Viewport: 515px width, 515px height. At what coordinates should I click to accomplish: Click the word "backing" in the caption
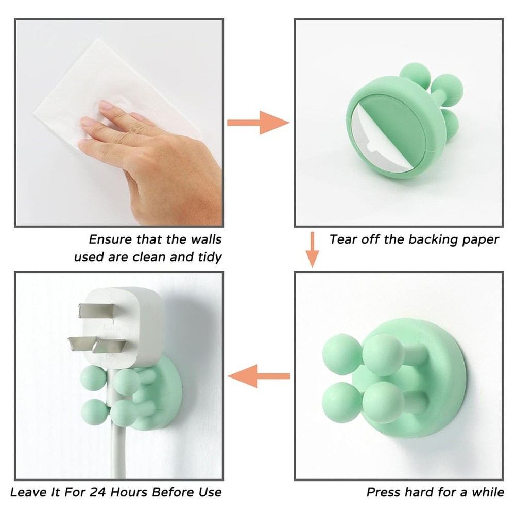point(430,239)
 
